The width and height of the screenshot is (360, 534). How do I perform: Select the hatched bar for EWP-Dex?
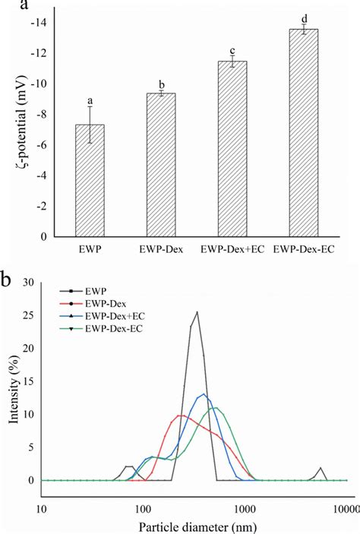click(x=160, y=165)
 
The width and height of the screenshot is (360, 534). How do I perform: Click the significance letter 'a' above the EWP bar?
click(x=90, y=101)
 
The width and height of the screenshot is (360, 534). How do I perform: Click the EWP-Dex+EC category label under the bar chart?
click(x=232, y=249)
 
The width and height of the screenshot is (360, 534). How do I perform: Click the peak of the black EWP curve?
click(x=197, y=311)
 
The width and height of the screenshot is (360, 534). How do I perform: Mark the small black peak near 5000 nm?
click(x=321, y=468)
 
